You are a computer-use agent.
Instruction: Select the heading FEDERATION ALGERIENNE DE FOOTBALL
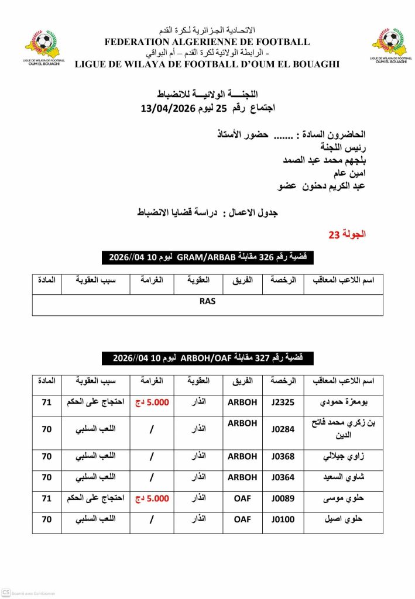coord(207,42)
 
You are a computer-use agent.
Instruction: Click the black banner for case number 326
coord(207,257)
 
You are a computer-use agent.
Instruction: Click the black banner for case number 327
coord(207,358)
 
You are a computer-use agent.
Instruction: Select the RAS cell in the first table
coord(208,301)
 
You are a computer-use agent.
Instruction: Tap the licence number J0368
coord(282,457)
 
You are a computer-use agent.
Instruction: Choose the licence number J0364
coord(282,478)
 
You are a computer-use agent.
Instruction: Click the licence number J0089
coord(282,499)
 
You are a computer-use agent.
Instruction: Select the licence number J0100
coord(282,519)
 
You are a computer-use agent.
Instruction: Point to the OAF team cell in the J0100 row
coord(242,519)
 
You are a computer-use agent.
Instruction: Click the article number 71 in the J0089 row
coord(47,499)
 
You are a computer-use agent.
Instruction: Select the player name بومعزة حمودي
coord(343,402)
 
